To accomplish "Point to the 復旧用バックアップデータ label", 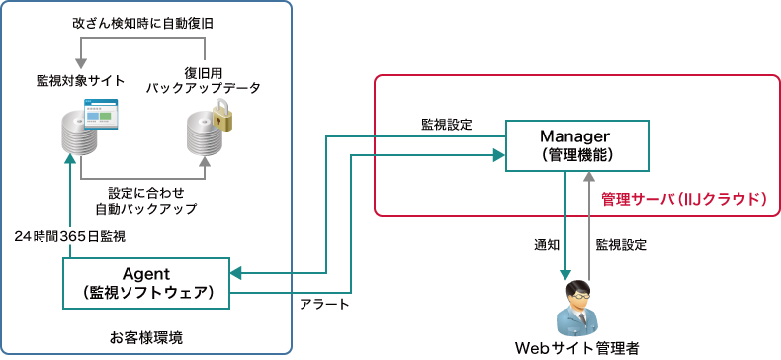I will pyautogui.click(x=203, y=80).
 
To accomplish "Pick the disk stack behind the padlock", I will pyautogui.click(x=205, y=135).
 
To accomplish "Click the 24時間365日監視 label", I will pyautogui.click(x=70, y=237).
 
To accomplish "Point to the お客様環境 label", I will pyautogui.click(x=145, y=337).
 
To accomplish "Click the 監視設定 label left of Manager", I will pyautogui.click(x=447, y=126).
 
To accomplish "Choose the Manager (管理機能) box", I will pyautogui.click(x=577, y=144).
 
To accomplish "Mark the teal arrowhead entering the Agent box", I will pyautogui.click(x=237, y=272).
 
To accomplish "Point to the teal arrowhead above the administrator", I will pyautogui.click(x=565, y=274).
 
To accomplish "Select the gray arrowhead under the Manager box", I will pyautogui.click(x=589, y=176).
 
